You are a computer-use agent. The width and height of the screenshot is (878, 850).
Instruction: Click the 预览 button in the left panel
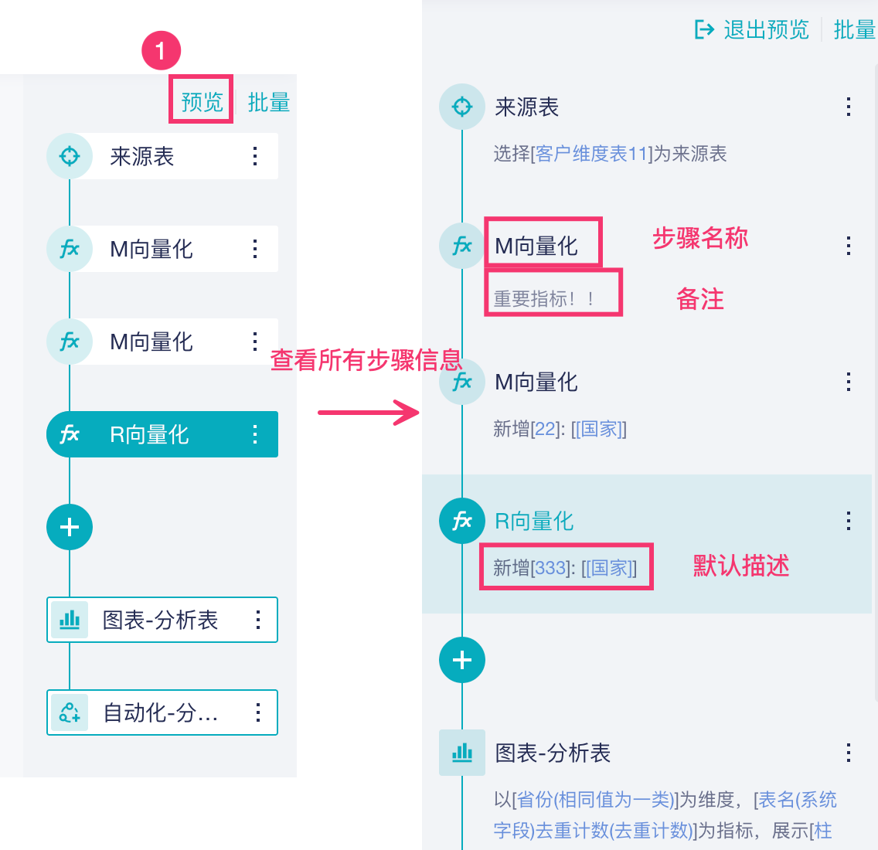pos(202,102)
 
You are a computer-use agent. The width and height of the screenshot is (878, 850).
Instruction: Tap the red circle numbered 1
pos(161,52)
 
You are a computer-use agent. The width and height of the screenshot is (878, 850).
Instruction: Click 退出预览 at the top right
pos(753,30)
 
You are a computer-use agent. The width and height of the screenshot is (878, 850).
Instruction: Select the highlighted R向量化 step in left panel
pos(150,434)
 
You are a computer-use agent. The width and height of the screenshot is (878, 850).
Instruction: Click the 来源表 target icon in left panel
pos(70,156)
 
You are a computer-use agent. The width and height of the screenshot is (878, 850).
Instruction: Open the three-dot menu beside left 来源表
pos(255,156)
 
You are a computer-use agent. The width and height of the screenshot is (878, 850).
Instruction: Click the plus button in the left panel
pos(70,527)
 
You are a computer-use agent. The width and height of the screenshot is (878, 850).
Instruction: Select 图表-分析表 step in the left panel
pos(161,620)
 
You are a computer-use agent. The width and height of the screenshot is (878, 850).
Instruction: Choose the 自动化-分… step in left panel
pos(161,712)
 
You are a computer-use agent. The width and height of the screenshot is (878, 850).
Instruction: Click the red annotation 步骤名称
pos(700,238)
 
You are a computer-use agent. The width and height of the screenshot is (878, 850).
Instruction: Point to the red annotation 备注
pos(700,299)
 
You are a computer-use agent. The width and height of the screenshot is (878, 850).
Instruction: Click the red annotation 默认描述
pos(740,566)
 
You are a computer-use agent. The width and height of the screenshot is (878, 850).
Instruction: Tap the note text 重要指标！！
pos(544,299)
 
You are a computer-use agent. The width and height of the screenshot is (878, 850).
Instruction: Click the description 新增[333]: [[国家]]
pos(565,568)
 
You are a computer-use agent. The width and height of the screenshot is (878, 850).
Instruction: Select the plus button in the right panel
pos(462,660)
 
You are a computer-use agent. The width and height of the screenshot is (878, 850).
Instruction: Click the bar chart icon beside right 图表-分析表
pos(462,752)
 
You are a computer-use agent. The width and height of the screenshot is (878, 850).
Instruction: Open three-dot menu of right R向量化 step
pos(849,521)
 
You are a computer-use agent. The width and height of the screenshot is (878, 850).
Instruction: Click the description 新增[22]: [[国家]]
pos(560,429)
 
